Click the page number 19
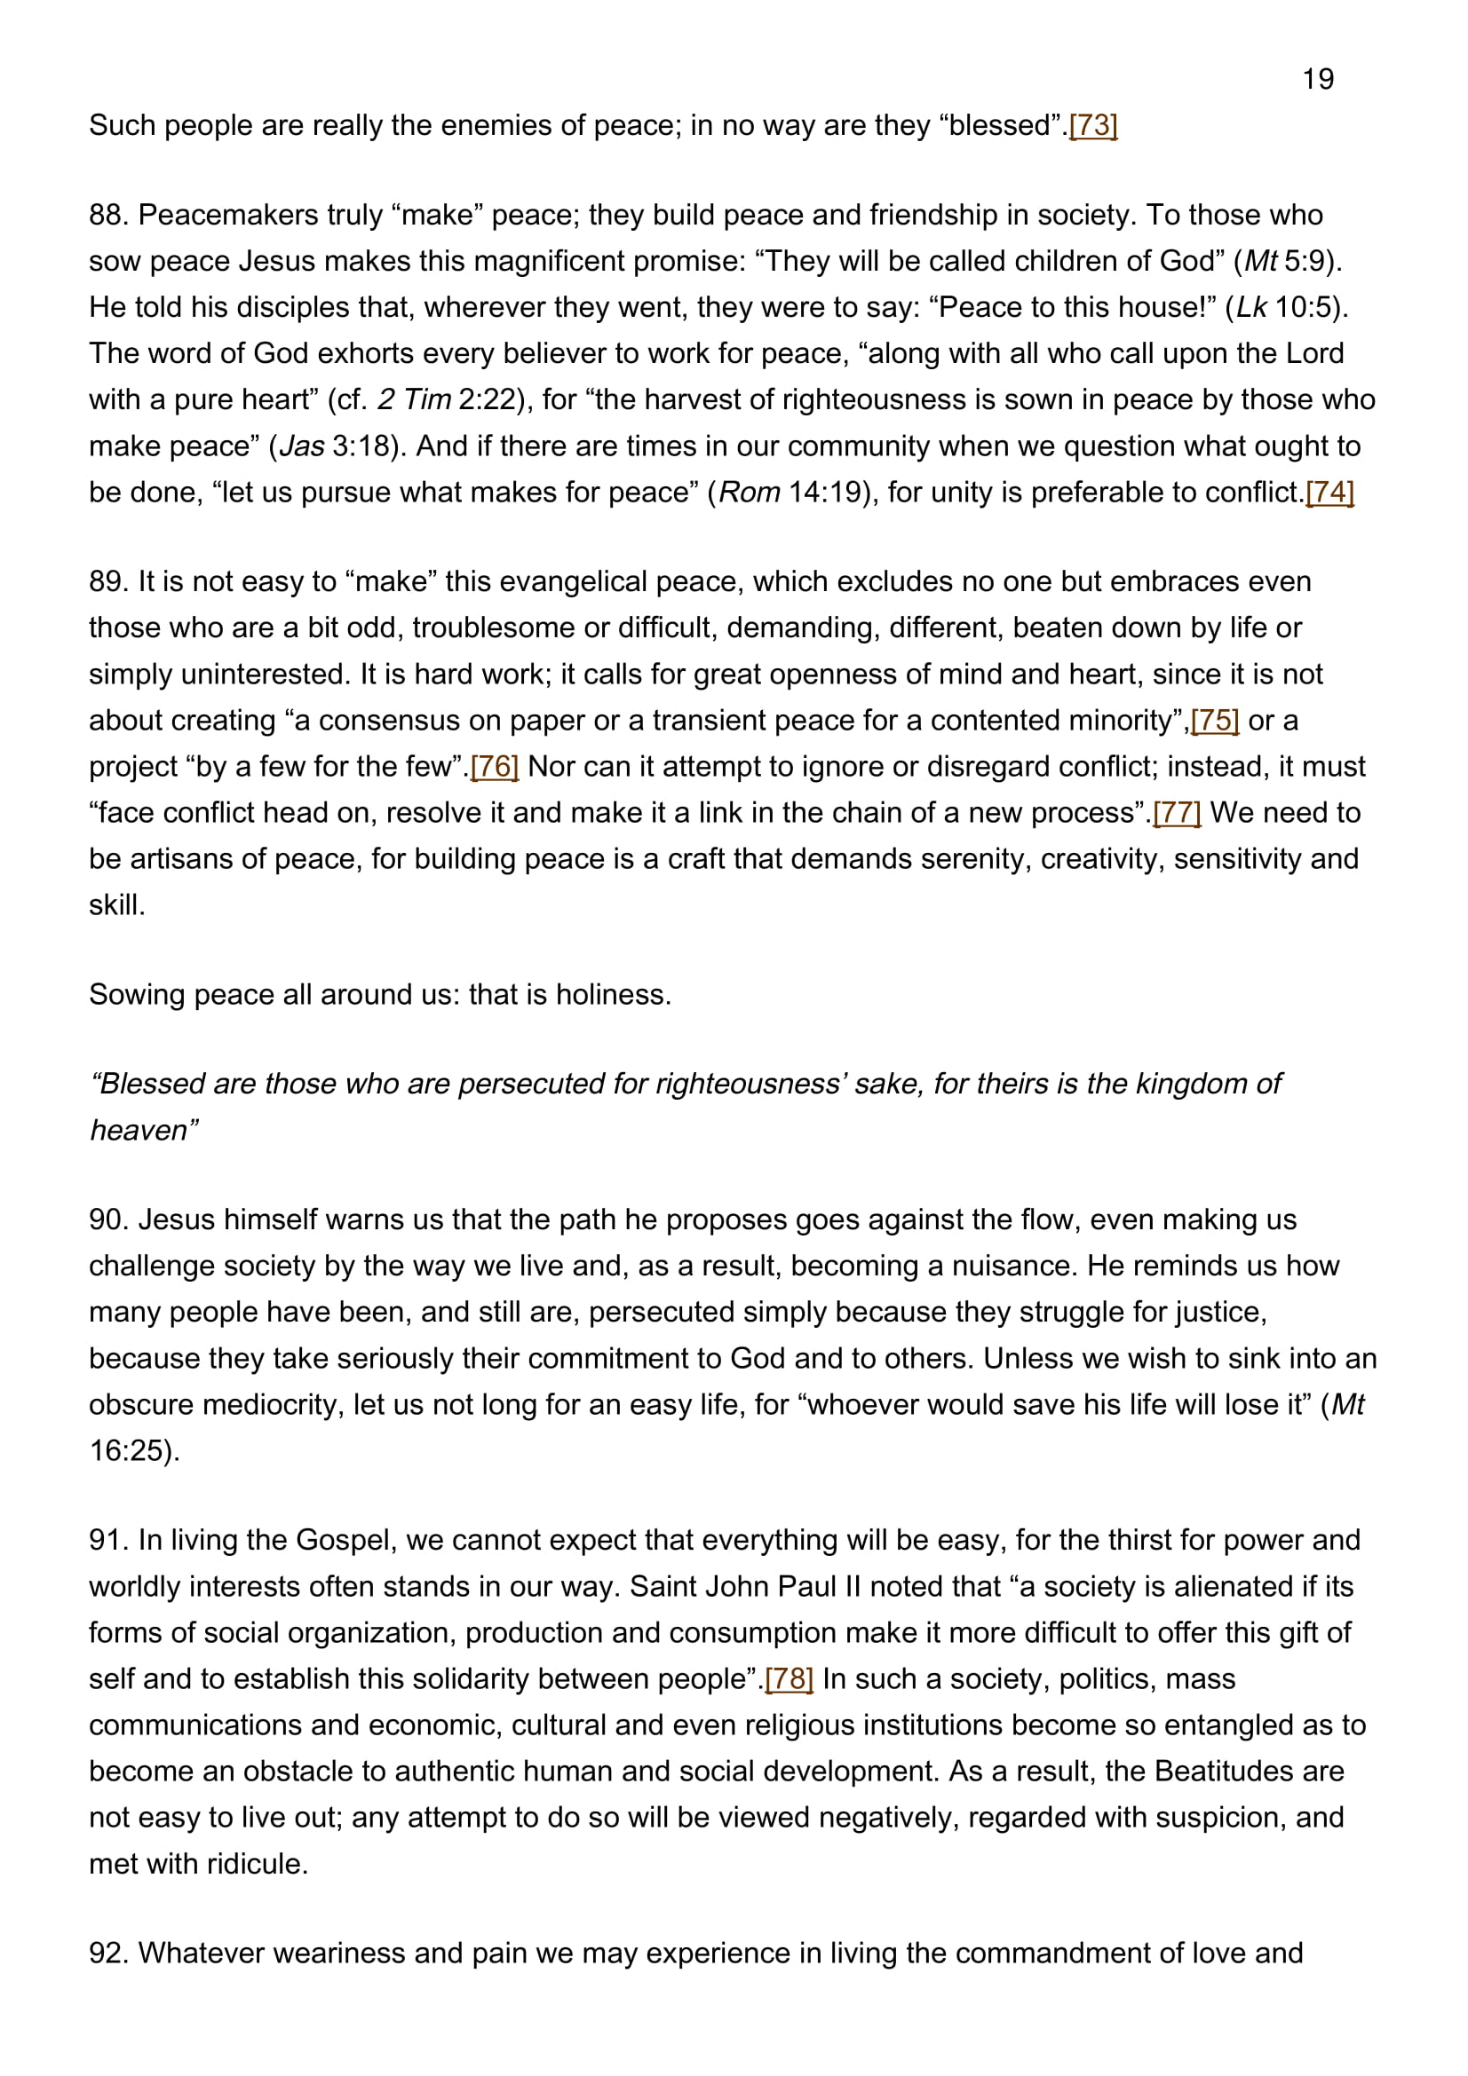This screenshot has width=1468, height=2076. tap(1318, 80)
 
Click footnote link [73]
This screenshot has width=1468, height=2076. tap(1092, 125)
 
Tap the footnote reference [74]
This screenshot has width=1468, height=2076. tap(1329, 492)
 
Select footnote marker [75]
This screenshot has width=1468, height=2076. tap(1215, 720)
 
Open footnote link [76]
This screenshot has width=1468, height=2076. tap(495, 766)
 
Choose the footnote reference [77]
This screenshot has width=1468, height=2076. tap(1177, 812)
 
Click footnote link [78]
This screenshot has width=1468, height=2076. tap(789, 1678)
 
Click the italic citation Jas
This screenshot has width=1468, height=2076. tap(302, 446)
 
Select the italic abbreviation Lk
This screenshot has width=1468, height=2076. tap(1252, 307)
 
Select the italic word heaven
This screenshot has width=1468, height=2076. tap(142, 1130)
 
